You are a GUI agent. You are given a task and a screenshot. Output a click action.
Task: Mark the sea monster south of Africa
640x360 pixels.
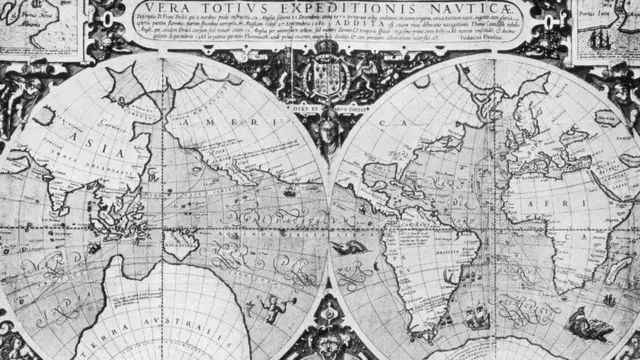pos(590,325)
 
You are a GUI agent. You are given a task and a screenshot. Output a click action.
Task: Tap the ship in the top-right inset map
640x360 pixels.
pos(601,40)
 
